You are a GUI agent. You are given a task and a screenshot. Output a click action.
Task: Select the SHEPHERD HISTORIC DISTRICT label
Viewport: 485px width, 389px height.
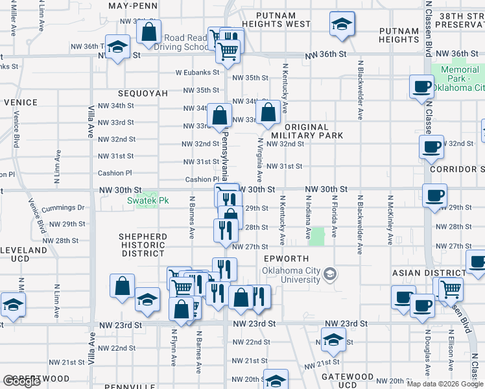click(143, 245)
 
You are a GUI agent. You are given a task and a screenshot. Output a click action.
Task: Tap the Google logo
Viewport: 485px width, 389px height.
click(21, 381)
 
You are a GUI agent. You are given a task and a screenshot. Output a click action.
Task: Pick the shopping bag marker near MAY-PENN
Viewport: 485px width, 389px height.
click(149, 32)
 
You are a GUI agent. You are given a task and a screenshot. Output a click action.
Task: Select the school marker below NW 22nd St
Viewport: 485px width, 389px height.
click(333, 340)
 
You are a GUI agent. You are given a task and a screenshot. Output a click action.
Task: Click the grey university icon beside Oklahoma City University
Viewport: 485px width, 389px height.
click(330, 275)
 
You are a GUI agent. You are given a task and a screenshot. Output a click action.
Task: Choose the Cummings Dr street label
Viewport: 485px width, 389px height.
click(63, 208)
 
